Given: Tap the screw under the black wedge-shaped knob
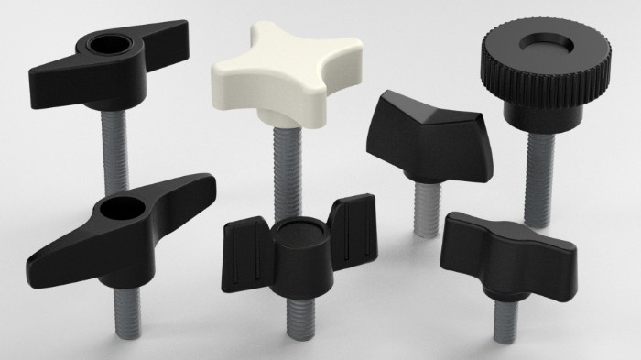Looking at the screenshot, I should point(422,205).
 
